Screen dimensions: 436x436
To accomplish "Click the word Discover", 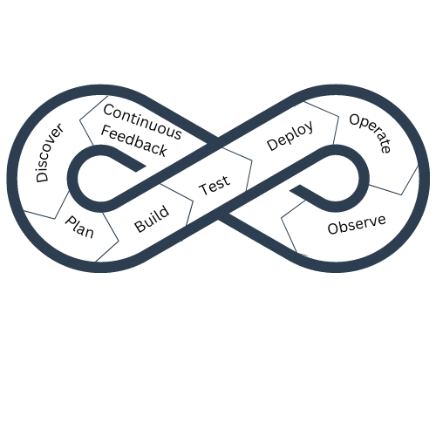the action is coord(49,153).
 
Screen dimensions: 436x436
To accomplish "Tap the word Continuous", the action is coord(142,122).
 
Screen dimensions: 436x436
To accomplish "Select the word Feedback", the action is coord(134,141).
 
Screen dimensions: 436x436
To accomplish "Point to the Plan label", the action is coord(79,227).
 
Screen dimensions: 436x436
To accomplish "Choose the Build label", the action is coord(152,219).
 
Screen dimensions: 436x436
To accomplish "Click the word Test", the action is coord(215,185).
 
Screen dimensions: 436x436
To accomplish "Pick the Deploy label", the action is coord(290,135).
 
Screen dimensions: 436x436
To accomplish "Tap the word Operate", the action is coord(370,133).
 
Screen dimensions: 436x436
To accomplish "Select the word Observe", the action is coord(357,225).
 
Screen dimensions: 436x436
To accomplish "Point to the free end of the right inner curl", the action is coord(295,187).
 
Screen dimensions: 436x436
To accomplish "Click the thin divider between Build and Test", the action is coord(176,204).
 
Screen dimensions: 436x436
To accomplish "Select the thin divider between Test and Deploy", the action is coord(237,168).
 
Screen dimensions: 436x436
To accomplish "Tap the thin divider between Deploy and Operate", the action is coord(321,123).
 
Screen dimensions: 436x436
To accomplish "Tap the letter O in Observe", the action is coord(332,228).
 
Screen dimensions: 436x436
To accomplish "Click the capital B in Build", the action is coord(140,227).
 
